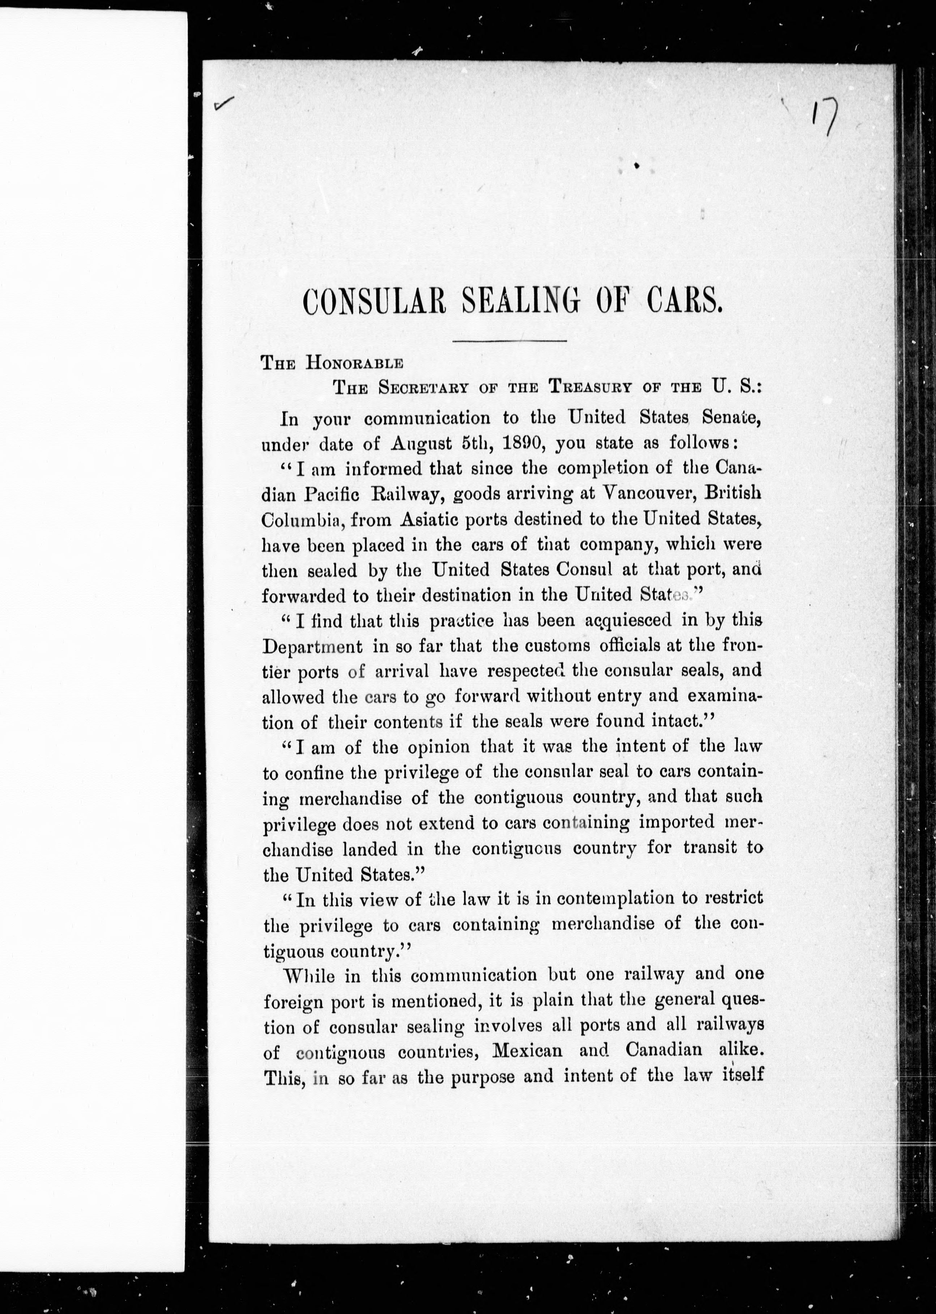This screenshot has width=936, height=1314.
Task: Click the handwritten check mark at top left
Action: tap(224, 104)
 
